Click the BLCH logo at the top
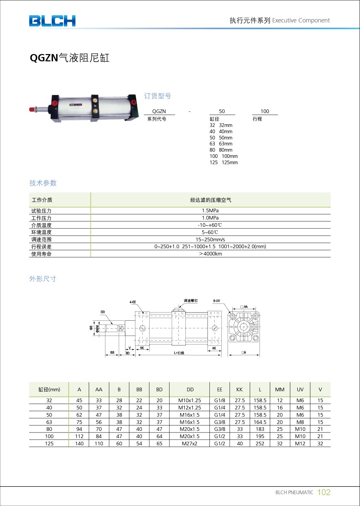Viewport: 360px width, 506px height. pyautogui.click(x=52, y=21)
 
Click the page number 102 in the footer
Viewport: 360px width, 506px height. pyautogui.click(x=323, y=492)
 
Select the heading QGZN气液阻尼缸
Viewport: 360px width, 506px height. pyautogui.click(x=69, y=58)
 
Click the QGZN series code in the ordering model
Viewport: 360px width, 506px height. pyautogui.click(x=159, y=111)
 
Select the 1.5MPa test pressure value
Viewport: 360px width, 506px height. pyautogui.click(x=210, y=211)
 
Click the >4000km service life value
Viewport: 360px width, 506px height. pyautogui.click(x=210, y=254)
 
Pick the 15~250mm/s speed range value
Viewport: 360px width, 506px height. pyautogui.click(x=210, y=240)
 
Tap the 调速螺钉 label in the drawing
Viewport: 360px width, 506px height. pyautogui.click(x=191, y=301)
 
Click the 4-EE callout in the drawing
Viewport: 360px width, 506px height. pyautogui.click(x=133, y=302)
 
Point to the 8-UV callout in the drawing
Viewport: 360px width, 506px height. pyautogui.click(x=216, y=301)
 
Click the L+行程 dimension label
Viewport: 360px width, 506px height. pyautogui.click(x=179, y=353)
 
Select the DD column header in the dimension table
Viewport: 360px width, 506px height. pyautogui.click(x=190, y=390)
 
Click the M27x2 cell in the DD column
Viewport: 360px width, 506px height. pyautogui.click(x=189, y=444)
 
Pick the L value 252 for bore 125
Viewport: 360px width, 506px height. pyautogui.click(x=260, y=444)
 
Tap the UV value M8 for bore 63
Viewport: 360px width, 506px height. pyautogui.click(x=300, y=422)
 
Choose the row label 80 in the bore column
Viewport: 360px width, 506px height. pyautogui.click(x=49, y=429)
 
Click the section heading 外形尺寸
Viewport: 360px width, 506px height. pyautogui.click(x=43, y=279)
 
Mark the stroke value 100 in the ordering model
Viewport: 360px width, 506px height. pyautogui.click(x=265, y=111)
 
